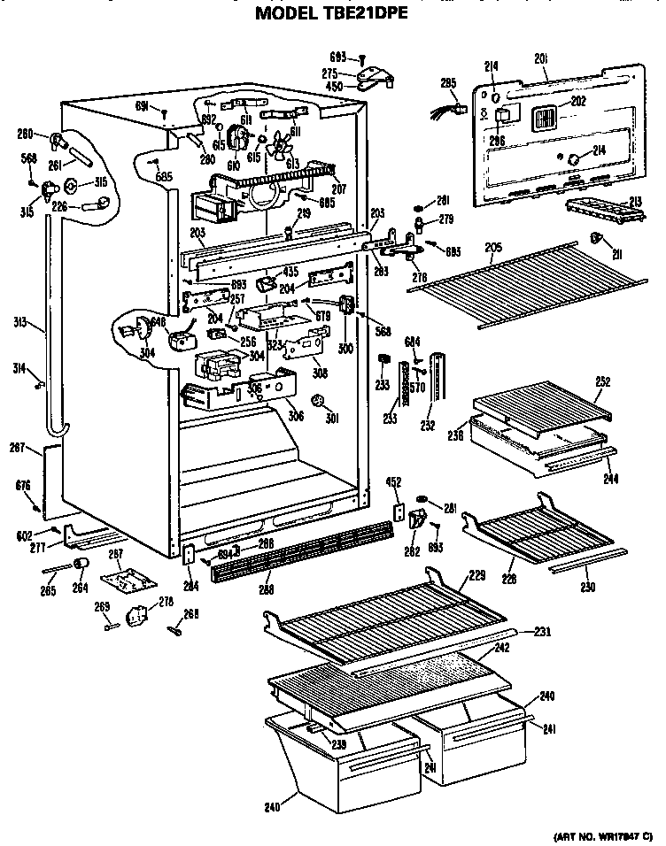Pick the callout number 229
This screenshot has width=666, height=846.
pyautogui.click(x=477, y=576)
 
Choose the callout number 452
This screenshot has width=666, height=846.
pyautogui.click(x=396, y=482)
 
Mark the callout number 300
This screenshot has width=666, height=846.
pyautogui.click(x=345, y=348)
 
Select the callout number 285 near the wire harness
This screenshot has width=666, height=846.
pyautogui.click(x=448, y=83)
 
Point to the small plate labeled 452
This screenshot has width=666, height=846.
pyautogui.click(x=399, y=512)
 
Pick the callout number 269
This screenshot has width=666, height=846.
pyautogui.click(x=102, y=607)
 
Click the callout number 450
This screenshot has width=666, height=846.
pyautogui.click(x=333, y=86)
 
